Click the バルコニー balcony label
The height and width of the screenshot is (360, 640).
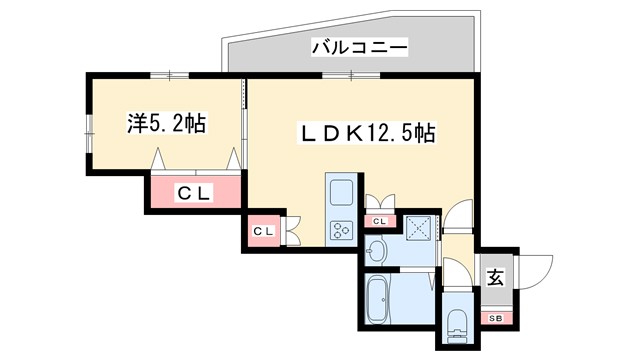pyautogui.click(x=357, y=47)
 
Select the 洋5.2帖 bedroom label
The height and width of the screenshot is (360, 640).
pyautogui.click(x=166, y=124)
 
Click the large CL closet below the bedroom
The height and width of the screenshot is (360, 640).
pyautogui.click(x=196, y=193)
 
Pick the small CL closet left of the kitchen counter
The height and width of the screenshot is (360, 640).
pyautogui.click(x=263, y=232)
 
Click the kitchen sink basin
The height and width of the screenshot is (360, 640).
pyautogui.click(x=341, y=191)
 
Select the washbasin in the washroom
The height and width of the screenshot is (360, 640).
pyautogui.click(x=379, y=249)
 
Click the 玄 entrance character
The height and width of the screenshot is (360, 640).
pyautogui.click(x=495, y=279)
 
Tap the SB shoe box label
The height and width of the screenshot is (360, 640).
pyautogui.click(x=495, y=318)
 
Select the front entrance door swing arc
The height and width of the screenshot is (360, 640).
pyautogui.click(x=537, y=270)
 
